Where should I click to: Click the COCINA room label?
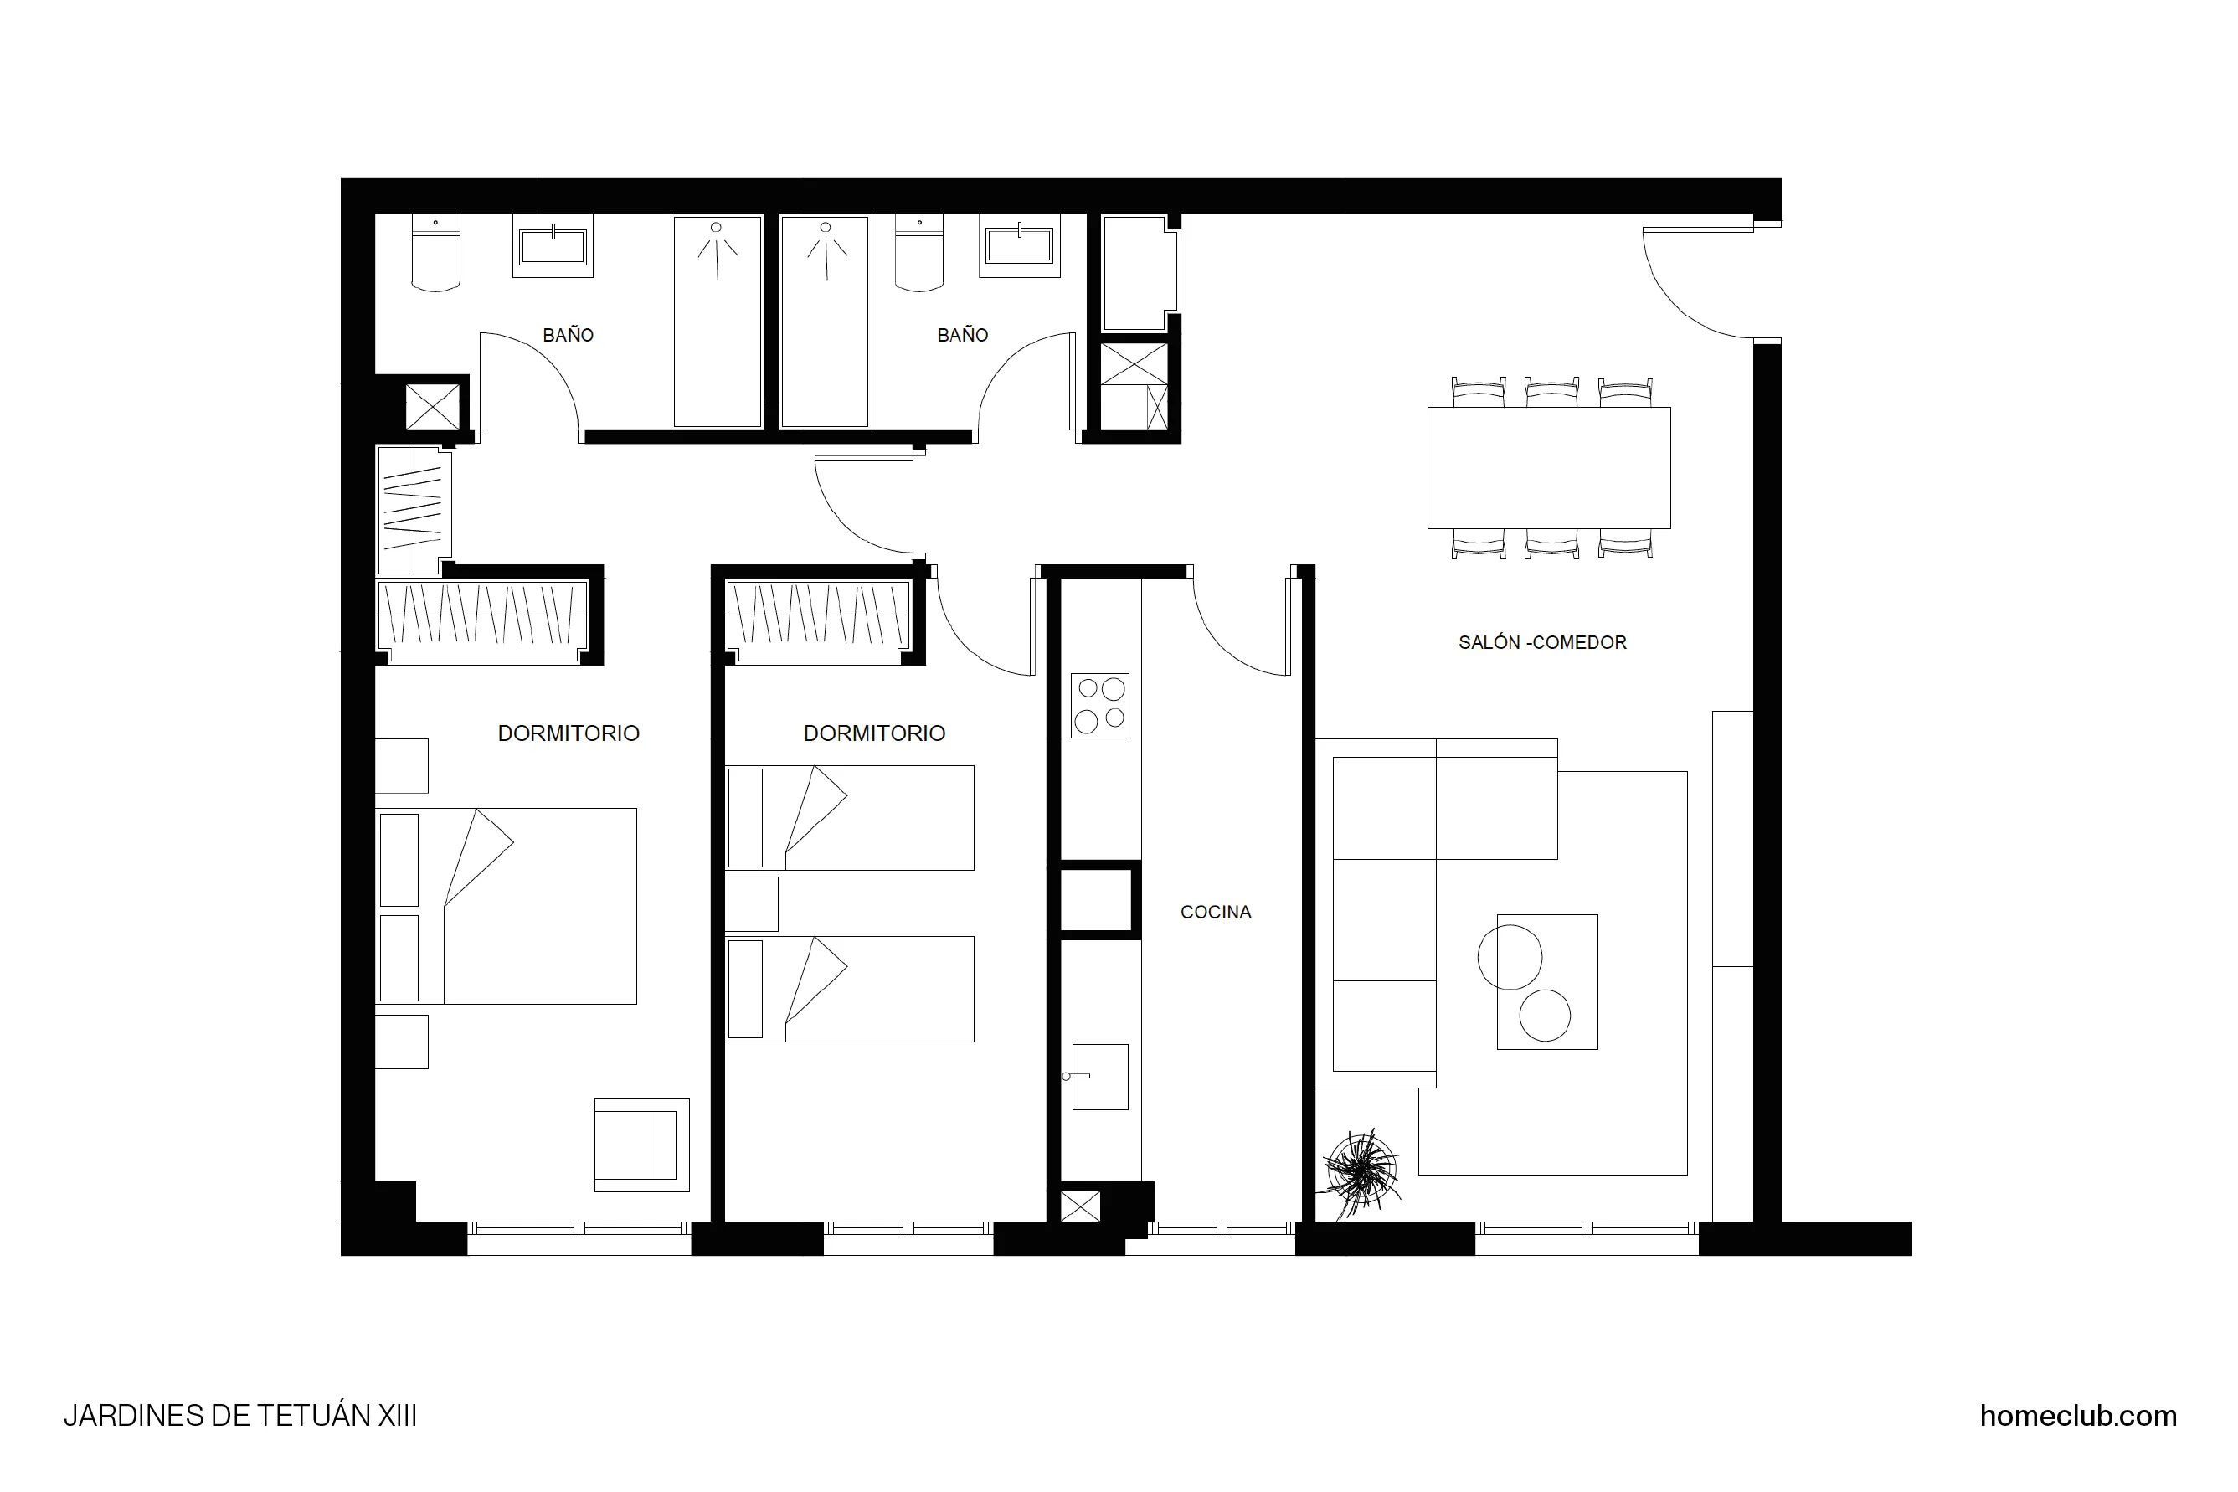[1215, 912]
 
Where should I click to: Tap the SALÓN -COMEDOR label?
[1541, 642]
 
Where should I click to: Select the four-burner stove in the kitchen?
[1099, 705]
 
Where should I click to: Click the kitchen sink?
[1099, 1077]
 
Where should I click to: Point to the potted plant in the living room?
[1361, 1171]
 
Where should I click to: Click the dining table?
[1548, 467]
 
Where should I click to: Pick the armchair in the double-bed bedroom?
[641, 1145]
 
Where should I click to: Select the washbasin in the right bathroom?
[1019, 246]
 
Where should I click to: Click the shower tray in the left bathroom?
[717, 322]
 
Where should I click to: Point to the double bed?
[507, 906]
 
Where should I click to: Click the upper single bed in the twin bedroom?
[849, 817]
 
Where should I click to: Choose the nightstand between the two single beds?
[752, 903]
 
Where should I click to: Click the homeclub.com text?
[2077, 1415]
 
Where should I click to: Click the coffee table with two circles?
[1546, 981]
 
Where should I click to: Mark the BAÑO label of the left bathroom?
[568, 335]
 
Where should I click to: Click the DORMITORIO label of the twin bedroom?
[873, 733]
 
